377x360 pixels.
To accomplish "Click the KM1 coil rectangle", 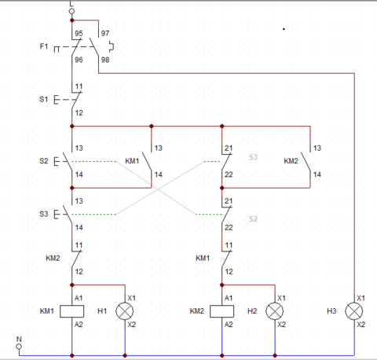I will [x=72, y=311].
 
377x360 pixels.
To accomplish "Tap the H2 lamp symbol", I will [x=275, y=311].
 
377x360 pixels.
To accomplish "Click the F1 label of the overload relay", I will [x=44, y=47].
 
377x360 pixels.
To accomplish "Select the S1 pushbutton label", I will [x=43, y=101].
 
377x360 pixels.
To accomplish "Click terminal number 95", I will [x=79, y=34].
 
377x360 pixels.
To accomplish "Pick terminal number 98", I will [x=104, y=61].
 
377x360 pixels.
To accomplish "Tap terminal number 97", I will [x=104, y=34].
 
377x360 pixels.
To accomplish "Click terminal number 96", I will [x=79, y=61].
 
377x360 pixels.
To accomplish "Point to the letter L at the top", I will [x=72, y=3].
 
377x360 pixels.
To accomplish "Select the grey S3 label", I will [x=253, y=157].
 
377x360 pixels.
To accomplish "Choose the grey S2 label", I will [x=253, y=219].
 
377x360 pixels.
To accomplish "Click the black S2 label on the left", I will [x=43, y=162].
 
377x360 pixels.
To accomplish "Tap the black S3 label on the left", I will [x=43, y=214].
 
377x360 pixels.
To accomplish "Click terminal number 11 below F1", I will [x=79, y=86].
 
